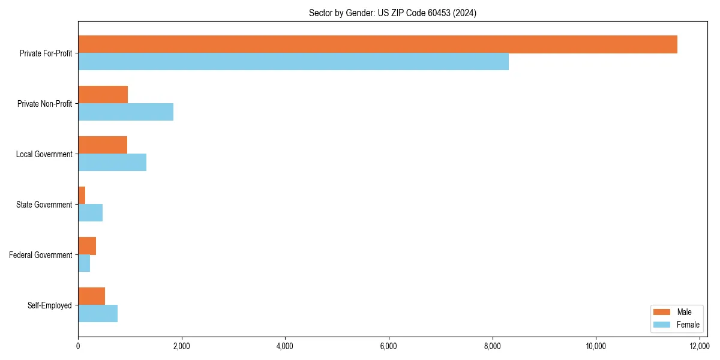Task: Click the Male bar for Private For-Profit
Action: (x=377, y=44)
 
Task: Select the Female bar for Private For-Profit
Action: (x=293, y=62)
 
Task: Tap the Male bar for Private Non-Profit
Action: (x=103, y=95)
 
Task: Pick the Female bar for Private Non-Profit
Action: (x=125, y=112)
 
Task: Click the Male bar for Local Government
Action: (x=103, y=145)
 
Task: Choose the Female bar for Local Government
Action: (x=112, y=163)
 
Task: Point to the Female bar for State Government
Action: (x=90, y=213)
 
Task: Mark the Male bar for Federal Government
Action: (x=87, y=246)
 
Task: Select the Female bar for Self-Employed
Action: (x=98, y=314)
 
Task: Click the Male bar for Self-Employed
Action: (x=91, y=296)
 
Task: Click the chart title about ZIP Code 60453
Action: (x=392, y=13)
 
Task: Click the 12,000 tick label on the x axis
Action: (x=700, y=346)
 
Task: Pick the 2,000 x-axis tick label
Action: (x=181, y=346)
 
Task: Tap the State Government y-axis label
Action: (x=44, y=205)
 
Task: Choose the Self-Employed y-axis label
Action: (x=50, y=305)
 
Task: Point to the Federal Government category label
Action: (x=41, y=255)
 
